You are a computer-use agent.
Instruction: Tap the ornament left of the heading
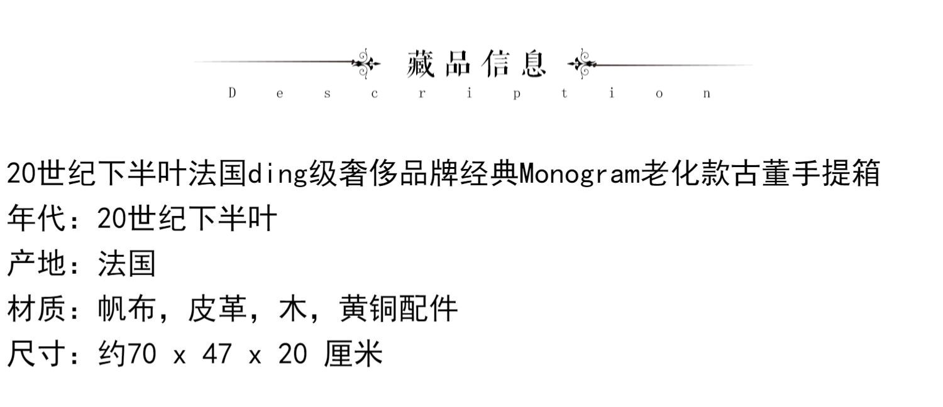tap(366, 63)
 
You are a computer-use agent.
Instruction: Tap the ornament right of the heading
tap(582, 63)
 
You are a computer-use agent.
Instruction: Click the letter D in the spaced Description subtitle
tap(232, 94)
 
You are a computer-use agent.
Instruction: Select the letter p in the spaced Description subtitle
tap(516, 94)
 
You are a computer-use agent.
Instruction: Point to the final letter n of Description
tap(707, 94)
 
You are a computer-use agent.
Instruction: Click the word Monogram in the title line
tap(580, 173)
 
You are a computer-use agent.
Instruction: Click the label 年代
tap(36, 219)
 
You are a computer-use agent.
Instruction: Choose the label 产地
tap(36, 264)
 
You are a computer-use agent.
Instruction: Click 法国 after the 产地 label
tap(126, 264)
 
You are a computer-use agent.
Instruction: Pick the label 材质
tap(36, 309)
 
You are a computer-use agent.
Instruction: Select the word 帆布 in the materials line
tap(126, 309)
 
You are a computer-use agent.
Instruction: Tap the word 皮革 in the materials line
tap(217, 309)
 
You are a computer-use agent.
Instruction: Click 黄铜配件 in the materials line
tap(399, 309)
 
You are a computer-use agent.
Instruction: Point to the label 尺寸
tap(36, 354)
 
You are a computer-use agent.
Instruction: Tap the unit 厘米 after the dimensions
tap(353, 354)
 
